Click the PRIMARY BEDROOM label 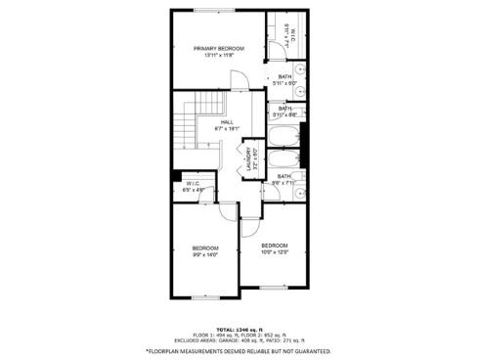[218, 48]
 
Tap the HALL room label [227, 121]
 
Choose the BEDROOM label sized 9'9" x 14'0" [204, 247]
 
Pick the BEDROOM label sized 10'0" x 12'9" [275, 246]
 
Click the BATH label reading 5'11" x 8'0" [284, 77]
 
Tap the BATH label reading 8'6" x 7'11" [284, 176]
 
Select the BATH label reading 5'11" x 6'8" [284, 109]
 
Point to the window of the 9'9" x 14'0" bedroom [204, 296]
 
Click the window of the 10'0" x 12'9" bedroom [274, 287]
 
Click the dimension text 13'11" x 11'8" [218, 55]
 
